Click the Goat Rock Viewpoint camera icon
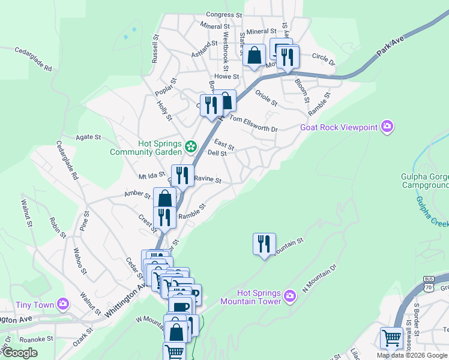coord(388,127)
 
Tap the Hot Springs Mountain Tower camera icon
coord(289,296)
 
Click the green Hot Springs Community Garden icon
coord(191,146)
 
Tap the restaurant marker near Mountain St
coord(264,244)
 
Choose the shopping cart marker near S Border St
coord(391,338)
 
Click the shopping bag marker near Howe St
coord(255,55)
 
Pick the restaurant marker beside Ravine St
coord(182,175)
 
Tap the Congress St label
coord(223,14)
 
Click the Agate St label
coord(88,137)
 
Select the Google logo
coord(20,353)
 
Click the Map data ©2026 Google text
coord(412,355)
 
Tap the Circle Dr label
coord(324,59)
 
